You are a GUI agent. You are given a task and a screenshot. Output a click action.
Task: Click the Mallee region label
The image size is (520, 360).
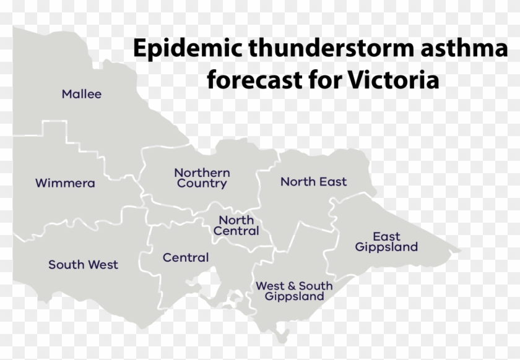point(82,95)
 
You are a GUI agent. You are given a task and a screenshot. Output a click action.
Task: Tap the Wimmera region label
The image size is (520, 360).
point(65,183)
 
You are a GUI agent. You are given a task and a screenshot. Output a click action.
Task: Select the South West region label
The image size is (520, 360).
point(83,265)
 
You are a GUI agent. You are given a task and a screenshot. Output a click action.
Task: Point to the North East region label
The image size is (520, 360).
point(313,182)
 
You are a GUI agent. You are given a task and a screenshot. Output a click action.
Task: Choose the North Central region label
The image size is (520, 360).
point(236,226)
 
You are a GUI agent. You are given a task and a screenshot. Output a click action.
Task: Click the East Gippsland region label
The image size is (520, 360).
point(386,242)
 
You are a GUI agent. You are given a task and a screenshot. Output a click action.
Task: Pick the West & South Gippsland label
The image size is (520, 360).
point(294,291)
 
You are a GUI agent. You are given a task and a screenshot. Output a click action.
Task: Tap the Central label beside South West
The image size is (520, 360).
point(186,257)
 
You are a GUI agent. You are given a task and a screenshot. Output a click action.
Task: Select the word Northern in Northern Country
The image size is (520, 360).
point(202,173)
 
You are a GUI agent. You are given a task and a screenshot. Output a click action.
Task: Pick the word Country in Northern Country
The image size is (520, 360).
point(202,184)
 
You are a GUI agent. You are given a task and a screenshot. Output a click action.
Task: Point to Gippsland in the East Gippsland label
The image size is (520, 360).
point(386,247)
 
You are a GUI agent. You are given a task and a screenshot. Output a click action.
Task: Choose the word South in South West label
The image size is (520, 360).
point(67,265)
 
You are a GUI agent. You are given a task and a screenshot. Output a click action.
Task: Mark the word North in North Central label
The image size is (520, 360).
point(236,220)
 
